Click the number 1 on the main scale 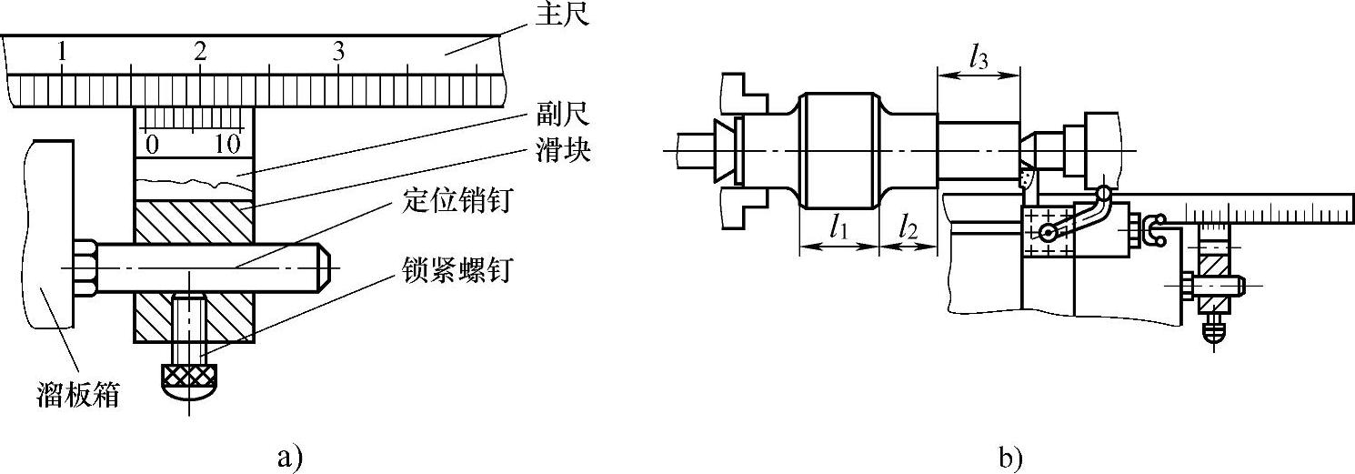click(x=61, y=52)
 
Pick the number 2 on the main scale click(x=199, y=52)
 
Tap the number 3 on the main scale click(x=338, y=52)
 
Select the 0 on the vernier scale click(x=152, y=144)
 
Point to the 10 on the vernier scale click(x=227, y=144)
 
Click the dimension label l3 click(x=978, y=60)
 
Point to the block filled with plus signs click(x=1047, y=233)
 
